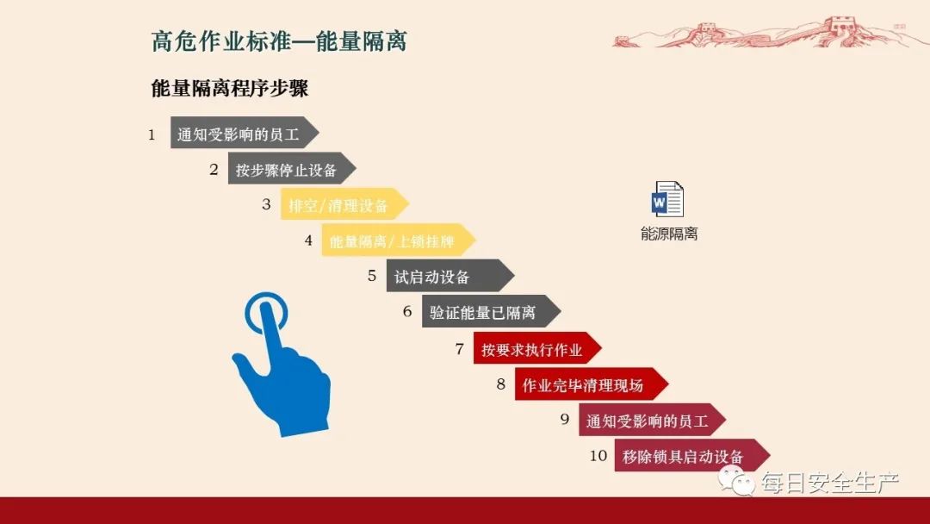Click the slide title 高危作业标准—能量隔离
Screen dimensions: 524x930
coord(278,41)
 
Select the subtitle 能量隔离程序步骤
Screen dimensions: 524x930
coord(229,89)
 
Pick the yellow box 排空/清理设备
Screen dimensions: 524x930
coord(339,205)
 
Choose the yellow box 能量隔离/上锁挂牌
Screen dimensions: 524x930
coord(394,241)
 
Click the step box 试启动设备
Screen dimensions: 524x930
coord(443,277)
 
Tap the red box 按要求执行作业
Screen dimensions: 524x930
coord(532,349)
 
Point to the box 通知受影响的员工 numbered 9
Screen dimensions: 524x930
coord(647,421)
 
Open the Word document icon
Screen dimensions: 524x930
coord(668,199)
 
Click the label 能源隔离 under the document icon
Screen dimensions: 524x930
coord(669,234)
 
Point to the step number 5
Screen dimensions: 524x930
coord(372,276)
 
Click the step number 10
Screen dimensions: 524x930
coord(598,456)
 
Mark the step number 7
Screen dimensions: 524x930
coord(459,348)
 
